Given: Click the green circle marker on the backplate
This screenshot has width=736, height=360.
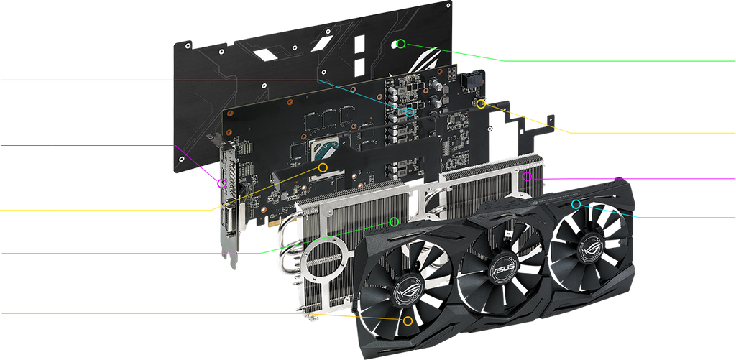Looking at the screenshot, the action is pos(400,44).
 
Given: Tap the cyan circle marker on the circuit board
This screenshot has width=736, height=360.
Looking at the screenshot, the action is pos(410,112).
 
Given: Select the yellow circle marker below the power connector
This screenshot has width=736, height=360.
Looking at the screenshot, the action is pos(481,104).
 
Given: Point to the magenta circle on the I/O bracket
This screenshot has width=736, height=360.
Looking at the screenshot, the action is pos(222,183).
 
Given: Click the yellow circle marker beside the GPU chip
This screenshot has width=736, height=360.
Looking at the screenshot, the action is pos(323,167).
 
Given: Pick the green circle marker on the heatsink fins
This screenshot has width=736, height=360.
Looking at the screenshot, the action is pos(395,221).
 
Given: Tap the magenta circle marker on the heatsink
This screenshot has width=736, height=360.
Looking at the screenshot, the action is pos(527,177).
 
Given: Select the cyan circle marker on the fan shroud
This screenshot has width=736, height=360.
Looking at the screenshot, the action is pos(576,203).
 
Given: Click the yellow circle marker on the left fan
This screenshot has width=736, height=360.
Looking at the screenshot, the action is pos(408,320).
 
